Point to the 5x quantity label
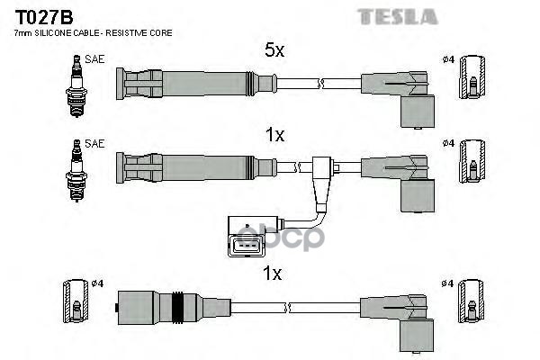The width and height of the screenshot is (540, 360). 274,51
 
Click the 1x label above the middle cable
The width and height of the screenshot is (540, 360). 274,135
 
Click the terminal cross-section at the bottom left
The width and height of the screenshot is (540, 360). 76,304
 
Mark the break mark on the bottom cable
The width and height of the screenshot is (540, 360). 287,309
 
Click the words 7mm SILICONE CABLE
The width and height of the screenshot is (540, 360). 58,32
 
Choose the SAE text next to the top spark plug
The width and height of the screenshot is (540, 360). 94,58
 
